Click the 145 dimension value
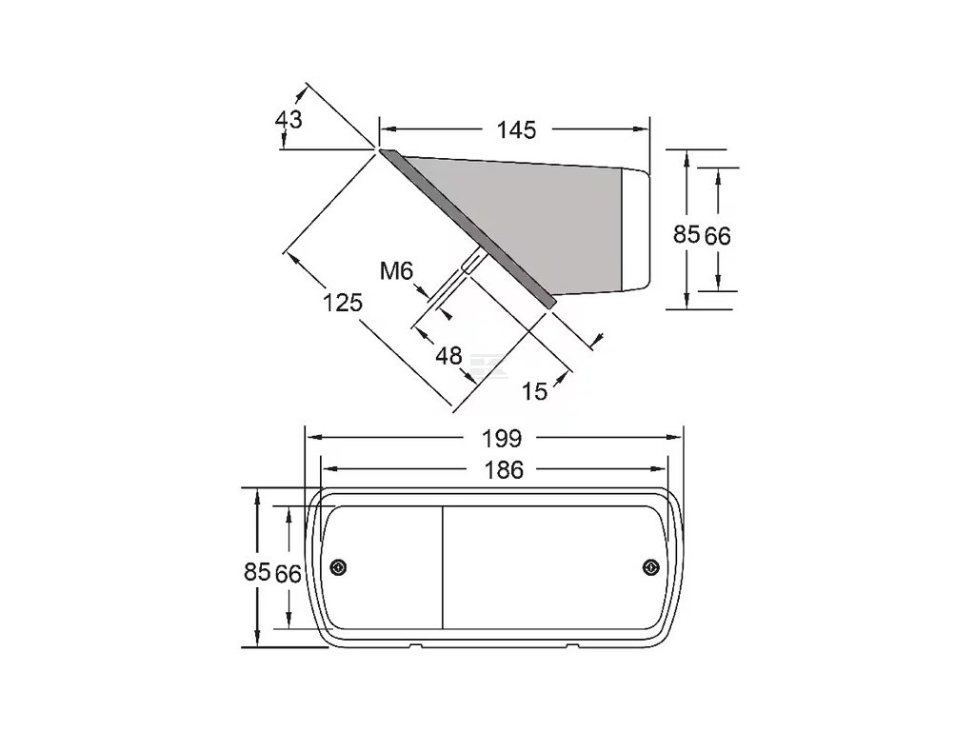pyautogui.click(x=516, y=129)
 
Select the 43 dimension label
pyautogui.click(x=289, y=119)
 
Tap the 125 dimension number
pyautogui.click(x=342, y=303)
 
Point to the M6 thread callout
pyautogui.click(x=396, y=271)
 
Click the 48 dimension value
pyautogui.click(x=449, y=356)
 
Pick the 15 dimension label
pyautogui.click(x=534, y=391)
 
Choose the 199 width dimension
pyautogui.click(x=502, y=439)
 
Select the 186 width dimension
pyautogui.click(x=503, y=470)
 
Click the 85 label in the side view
pyautogui.click(x=686, y=234)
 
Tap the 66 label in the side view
pyautogui.click(x=717, y=236)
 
